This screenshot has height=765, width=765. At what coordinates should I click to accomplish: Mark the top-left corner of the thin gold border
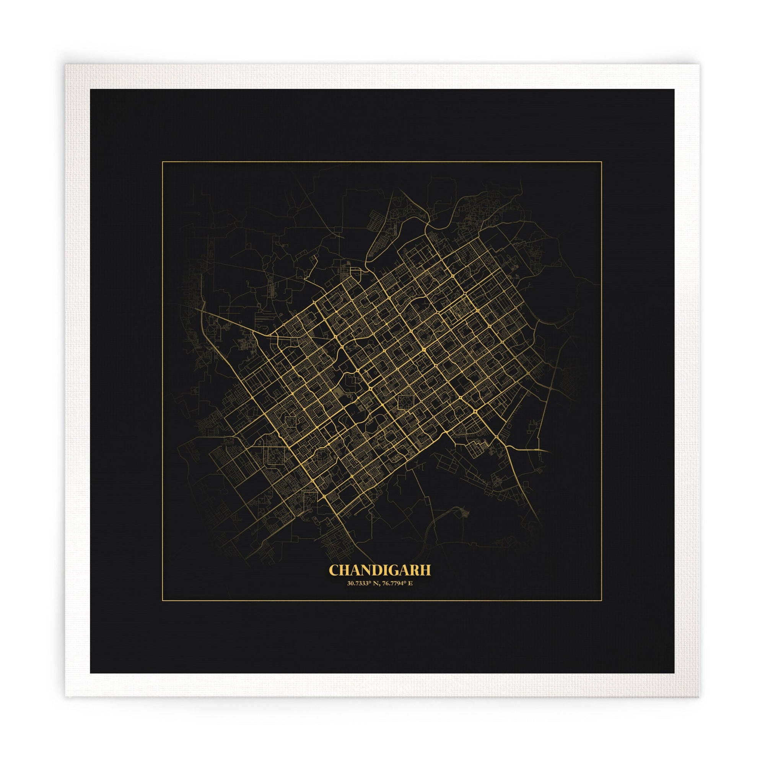[x=162, y=161]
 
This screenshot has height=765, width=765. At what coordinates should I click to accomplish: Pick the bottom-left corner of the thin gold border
[x=162, y=601]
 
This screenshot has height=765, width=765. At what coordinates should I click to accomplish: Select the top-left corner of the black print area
[x=90, y=89]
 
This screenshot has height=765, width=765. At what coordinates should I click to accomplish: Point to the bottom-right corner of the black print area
[x=674, y=673]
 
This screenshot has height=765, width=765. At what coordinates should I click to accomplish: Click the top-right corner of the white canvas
[x=699, y=65]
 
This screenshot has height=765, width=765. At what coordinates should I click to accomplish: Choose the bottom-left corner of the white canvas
[x=65, y=697]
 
